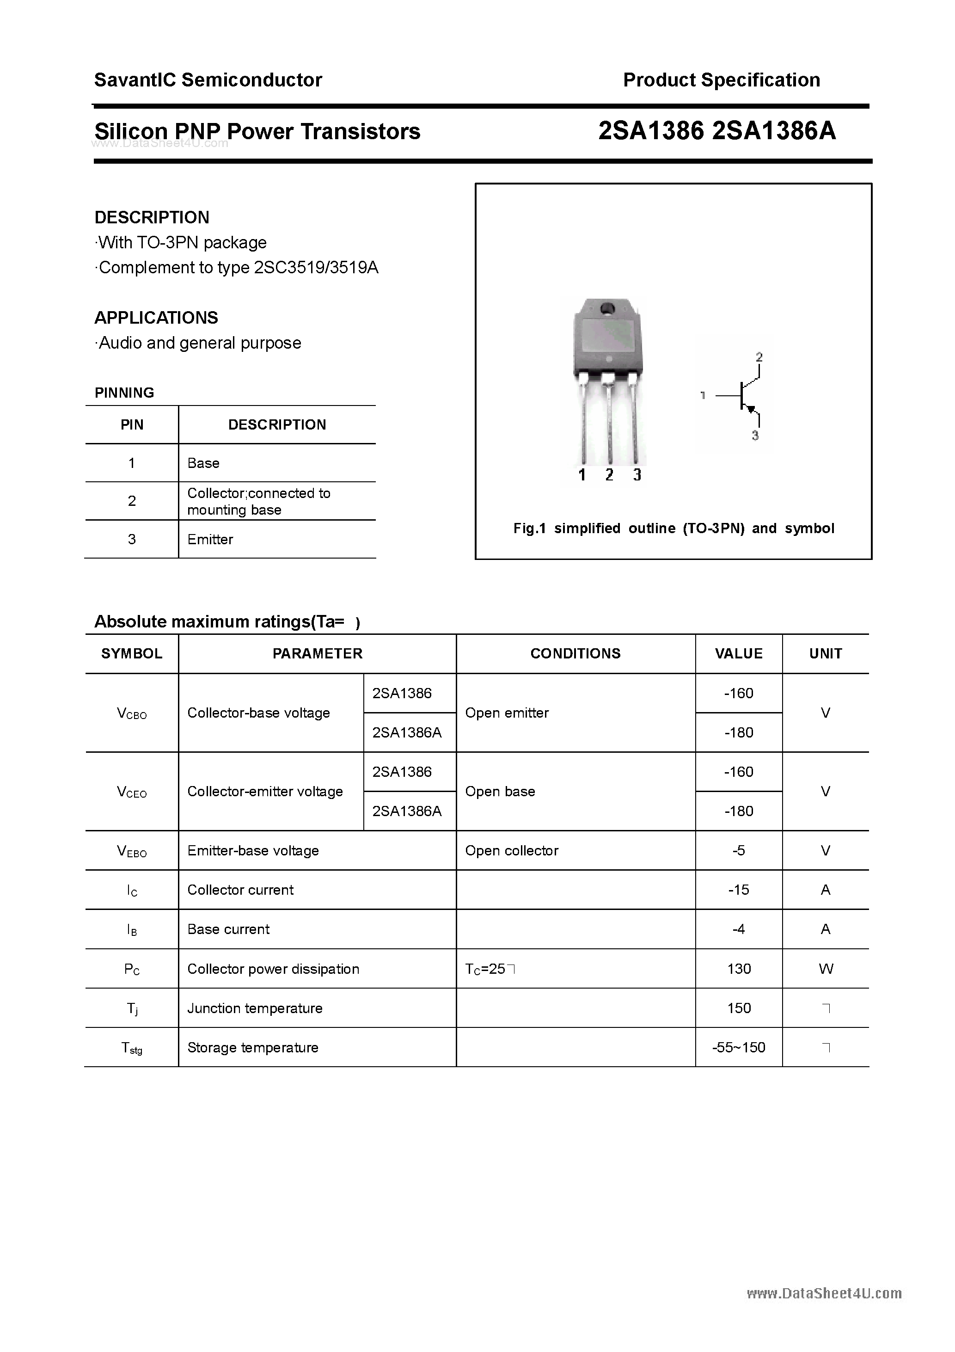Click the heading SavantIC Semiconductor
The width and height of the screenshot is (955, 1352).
[x=208, y=80]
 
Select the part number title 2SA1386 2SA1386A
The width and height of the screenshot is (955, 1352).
[x=716, y=131]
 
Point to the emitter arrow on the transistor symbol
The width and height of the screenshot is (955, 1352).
[x=751, y=408]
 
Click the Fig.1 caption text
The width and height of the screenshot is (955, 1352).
[x=673, y=528]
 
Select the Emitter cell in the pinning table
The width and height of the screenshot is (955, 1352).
[x=210, y=540]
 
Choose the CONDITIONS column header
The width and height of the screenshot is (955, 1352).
[x=575, y=654]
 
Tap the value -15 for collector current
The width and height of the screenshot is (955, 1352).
[x=738, y=890]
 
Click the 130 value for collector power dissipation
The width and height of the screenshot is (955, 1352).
[x=738, y=969]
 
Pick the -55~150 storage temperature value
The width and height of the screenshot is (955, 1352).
[x=738, y=1048]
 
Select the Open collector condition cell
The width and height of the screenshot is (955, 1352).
[x=512, y=850]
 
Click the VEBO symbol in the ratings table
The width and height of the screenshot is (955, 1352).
[x=132, y=851]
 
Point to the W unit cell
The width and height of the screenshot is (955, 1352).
[x=826, y=969]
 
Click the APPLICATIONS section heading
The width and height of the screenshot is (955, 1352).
[x=156, y=318]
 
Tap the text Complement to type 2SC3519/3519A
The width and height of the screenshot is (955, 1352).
[x=238, y=268]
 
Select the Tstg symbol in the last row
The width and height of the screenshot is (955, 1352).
[x=132, y=1048]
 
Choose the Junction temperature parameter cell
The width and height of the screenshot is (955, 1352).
[x=254, y=1008]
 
